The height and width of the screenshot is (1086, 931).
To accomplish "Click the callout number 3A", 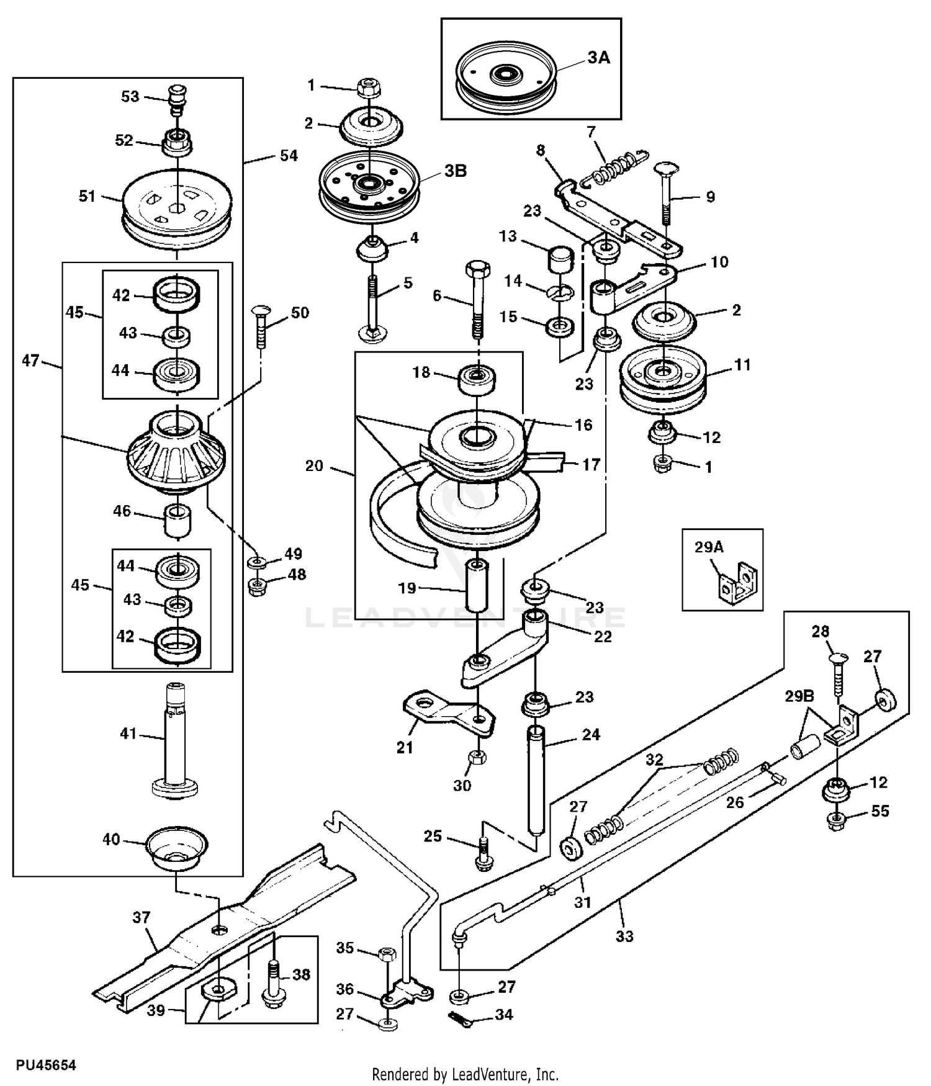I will (598, 58).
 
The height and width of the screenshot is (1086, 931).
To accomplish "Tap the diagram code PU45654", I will (46, 1065).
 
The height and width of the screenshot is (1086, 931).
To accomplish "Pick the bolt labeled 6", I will (477, 298).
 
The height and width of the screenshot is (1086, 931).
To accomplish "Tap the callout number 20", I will (314, 465).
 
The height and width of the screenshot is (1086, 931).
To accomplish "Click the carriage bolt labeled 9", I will (667, 192).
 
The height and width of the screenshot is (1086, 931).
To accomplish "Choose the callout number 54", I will (289, 156).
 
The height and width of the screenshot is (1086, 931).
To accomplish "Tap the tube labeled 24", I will (536, 781).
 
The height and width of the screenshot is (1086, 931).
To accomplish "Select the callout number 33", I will (624, 936).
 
